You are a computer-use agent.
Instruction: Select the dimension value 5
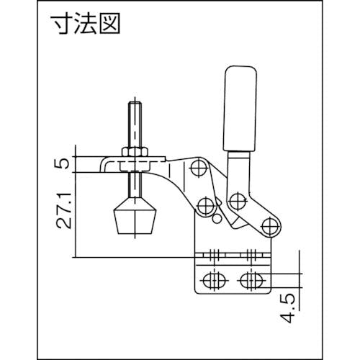click(x=63, y=163)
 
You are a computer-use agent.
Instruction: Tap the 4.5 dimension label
click(x=287, y=308)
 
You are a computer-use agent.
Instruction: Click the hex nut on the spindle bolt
click(x=135, y=152)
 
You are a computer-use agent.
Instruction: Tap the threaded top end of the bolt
click(x=135, y=125)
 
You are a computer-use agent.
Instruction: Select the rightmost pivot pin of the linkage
click(x=271, y=226)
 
